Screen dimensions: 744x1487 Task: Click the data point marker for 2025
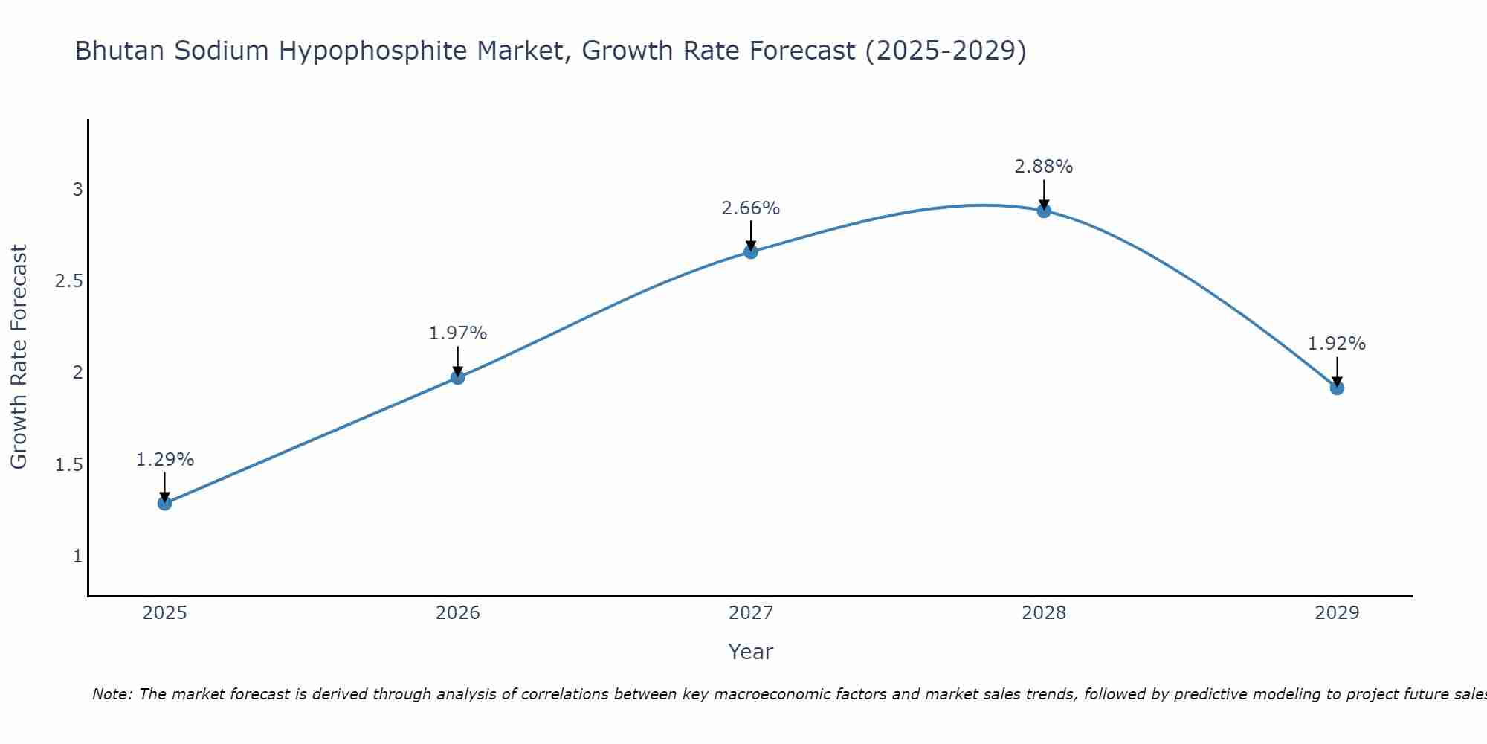[x=165, y=504]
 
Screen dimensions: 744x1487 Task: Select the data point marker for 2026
[x=458, y=378]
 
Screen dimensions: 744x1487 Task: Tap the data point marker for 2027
[x=751, y=252]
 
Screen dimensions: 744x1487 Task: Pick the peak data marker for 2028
[x=1044, y=211]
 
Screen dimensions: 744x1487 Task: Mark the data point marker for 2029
[x=1337, y=388]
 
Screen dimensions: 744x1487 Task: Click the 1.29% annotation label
[x=165, y=460]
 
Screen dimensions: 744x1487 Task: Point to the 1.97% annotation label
[x=458, y=333]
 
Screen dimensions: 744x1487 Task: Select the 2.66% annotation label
[x=751, y=208]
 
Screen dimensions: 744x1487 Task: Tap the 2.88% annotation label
[x=1044, y=167]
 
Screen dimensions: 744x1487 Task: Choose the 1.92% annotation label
[x=1337, y=344]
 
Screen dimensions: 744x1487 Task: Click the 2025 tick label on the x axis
[x=165, y=613]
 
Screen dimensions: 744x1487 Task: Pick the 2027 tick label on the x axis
[x=751, y=613]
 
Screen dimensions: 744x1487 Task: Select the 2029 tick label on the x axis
[x=1337, y=613]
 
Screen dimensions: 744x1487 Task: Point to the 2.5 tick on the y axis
[x=68, y=281]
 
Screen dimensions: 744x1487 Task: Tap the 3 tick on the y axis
[x=77, y=190]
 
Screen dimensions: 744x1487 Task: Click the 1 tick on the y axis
[x=77, y=557]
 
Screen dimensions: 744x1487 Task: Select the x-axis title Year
[x=751, y=652]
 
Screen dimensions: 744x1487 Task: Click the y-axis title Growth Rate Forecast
[x=19, y=357]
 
